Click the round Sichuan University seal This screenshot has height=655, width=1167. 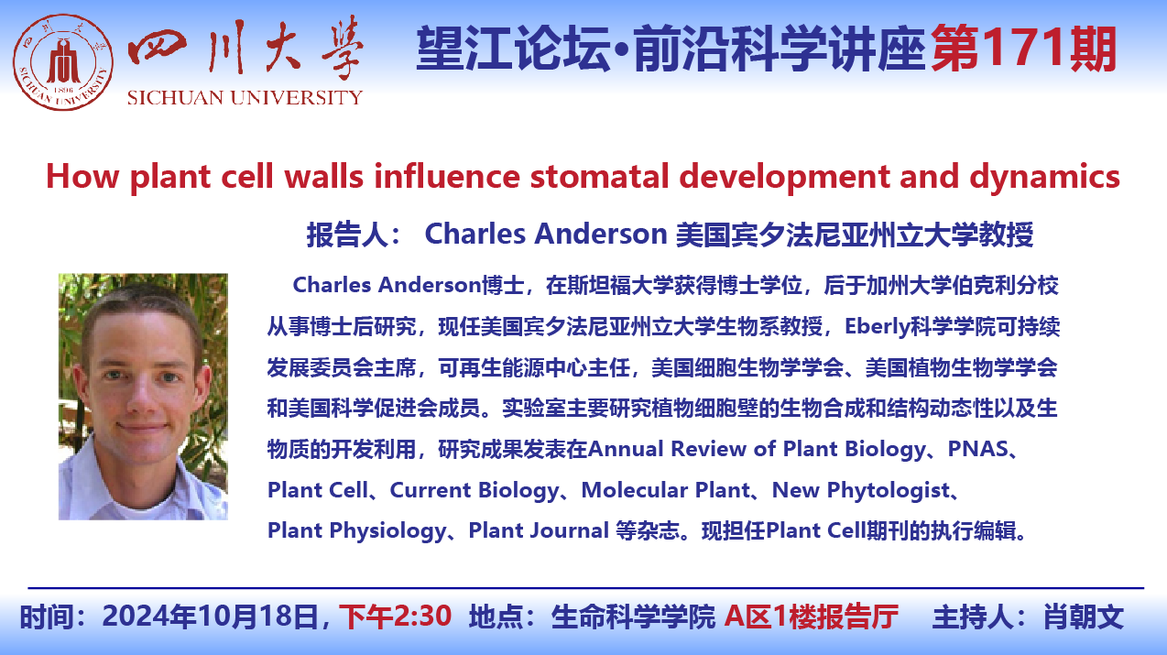click(x=63, y=62)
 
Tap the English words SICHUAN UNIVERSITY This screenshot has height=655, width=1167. click(x=245, y=97)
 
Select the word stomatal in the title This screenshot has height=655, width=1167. click(x=599, y=176)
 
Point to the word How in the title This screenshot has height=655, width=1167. click(x=82, y=176)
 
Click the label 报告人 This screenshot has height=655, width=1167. click(x=347, y=235)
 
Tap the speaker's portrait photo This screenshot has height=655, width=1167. click(x=143, y=397)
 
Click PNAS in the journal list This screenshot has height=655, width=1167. click(x=978, y=449)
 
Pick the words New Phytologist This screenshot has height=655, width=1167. click(x=861, y=490)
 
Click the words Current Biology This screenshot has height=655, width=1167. click(x=474, y=490)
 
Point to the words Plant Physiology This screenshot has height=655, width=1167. click(x=357, y=531)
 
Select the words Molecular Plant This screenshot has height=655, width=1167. click(x=665, y=490)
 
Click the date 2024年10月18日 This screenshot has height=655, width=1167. click(x=211, y=617)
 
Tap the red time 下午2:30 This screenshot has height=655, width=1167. click(x=395, y=617)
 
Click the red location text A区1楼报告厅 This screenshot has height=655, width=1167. click(x=812, y=617)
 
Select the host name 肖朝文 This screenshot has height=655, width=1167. click(x=1084, y=617)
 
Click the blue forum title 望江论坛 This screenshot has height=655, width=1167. click(x=513, y=49)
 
